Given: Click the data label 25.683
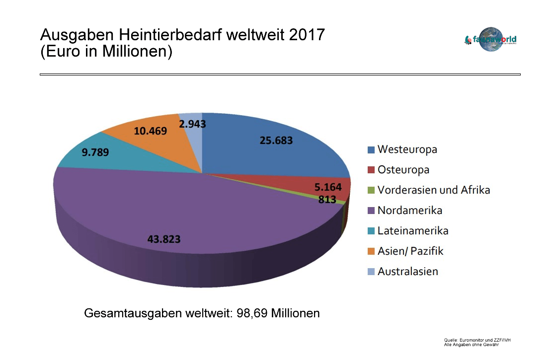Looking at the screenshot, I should pyautogui.click(x=276, y=141).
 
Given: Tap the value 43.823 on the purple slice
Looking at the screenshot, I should pyautogui.click(x=164, y=239).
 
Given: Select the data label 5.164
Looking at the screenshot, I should pyautogui.click(x=328, y=187).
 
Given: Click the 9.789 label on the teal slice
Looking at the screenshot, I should pyautogui.click(x=95, y=152).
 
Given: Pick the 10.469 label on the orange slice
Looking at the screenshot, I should pyautogui.click(x=151, y=131).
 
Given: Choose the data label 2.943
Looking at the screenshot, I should pyautogui.click(x=192, y=124).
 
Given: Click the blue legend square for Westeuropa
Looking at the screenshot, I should pyautogui.click(x=371, y=149).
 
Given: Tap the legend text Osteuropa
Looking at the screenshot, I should pyautogui.click(x=403, y=170).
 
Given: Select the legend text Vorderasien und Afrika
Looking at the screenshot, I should pyautogui.click(x=433, y=190).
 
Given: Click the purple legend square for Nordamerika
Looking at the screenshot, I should pyautogui.click(x=371, y=211).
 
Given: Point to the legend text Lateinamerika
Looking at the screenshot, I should pyautogui.click(x=412, y=231).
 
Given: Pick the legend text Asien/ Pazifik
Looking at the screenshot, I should pyautogui.click(x=410, y=251).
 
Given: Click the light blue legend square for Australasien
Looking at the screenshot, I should pyautogui.click(x=371, y=272).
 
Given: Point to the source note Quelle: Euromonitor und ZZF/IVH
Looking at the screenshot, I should pyautogui.click(x=477, y=340).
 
